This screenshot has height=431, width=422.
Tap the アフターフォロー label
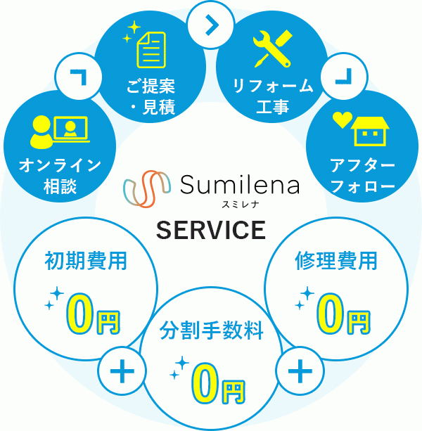tap(362, 178)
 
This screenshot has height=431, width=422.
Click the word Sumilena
tap(239, 186)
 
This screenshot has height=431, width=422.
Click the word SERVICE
tap(210, 230)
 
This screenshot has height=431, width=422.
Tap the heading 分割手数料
tap(211, 330)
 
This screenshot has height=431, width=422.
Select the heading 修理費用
tap(335, 262)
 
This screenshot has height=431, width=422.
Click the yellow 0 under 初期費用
tap(80, 316)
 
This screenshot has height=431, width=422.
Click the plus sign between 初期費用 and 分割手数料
tap(122, 370)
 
